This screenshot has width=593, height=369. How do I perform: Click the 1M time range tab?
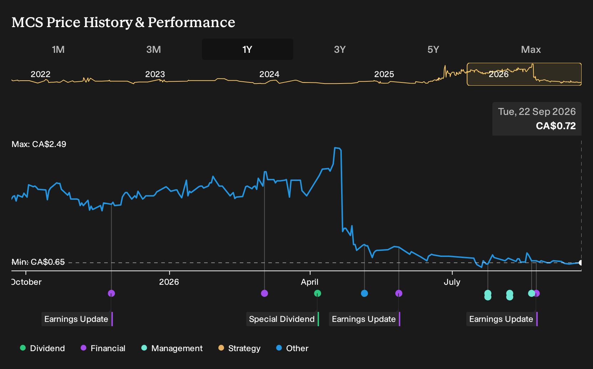(x=58, y=50)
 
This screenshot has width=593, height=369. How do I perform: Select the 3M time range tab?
(x=153, y=50)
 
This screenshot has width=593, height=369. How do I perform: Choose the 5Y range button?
(x=434, y=50)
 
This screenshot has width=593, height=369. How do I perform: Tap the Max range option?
(x=531, y=50)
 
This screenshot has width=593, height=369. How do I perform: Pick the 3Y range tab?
(x=340, y=50)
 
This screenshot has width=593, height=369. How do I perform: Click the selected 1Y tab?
(x=248, y=49)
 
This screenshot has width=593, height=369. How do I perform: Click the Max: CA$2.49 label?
(x=39, y=144)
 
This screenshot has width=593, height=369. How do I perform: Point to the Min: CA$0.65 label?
(x=38, y=262)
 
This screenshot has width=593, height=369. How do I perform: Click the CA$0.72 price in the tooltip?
(x=556, y=126)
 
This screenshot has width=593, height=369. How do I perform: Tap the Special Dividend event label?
(x=282, y=319)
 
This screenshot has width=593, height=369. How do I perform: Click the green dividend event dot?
(x=318, y=293)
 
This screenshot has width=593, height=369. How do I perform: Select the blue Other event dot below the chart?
(x=364, y=293)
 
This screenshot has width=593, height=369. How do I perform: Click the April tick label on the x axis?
(x=309, y=282)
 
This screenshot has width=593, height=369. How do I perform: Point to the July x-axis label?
(x=452, y=282)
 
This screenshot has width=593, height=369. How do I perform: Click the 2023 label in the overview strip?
(x=155, y=74)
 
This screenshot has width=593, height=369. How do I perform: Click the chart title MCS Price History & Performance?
(x=123, y=22)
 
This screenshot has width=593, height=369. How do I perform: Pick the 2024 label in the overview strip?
(x=269, y=74)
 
